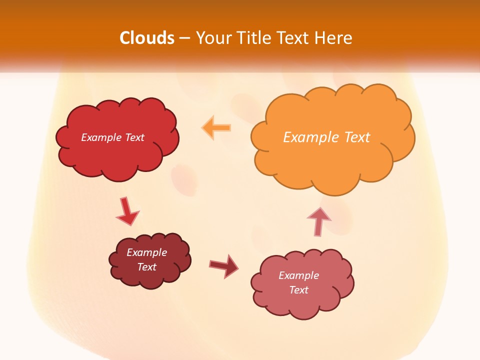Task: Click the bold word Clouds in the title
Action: click(147, 38)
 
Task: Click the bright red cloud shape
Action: click(117, 155)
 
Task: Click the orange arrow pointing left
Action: click(216, 128)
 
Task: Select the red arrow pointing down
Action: click(126, 212)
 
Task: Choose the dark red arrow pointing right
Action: click(224, 266)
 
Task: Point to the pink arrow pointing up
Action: click(318, 221)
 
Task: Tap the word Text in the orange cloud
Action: click(356, 137)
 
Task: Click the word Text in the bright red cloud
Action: click(134, 137)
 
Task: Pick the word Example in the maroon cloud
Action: click(146, 252)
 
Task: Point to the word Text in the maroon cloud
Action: click(146, 267)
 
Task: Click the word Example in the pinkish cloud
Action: click(298, 275)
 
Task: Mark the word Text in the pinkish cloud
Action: click(298, 290)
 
